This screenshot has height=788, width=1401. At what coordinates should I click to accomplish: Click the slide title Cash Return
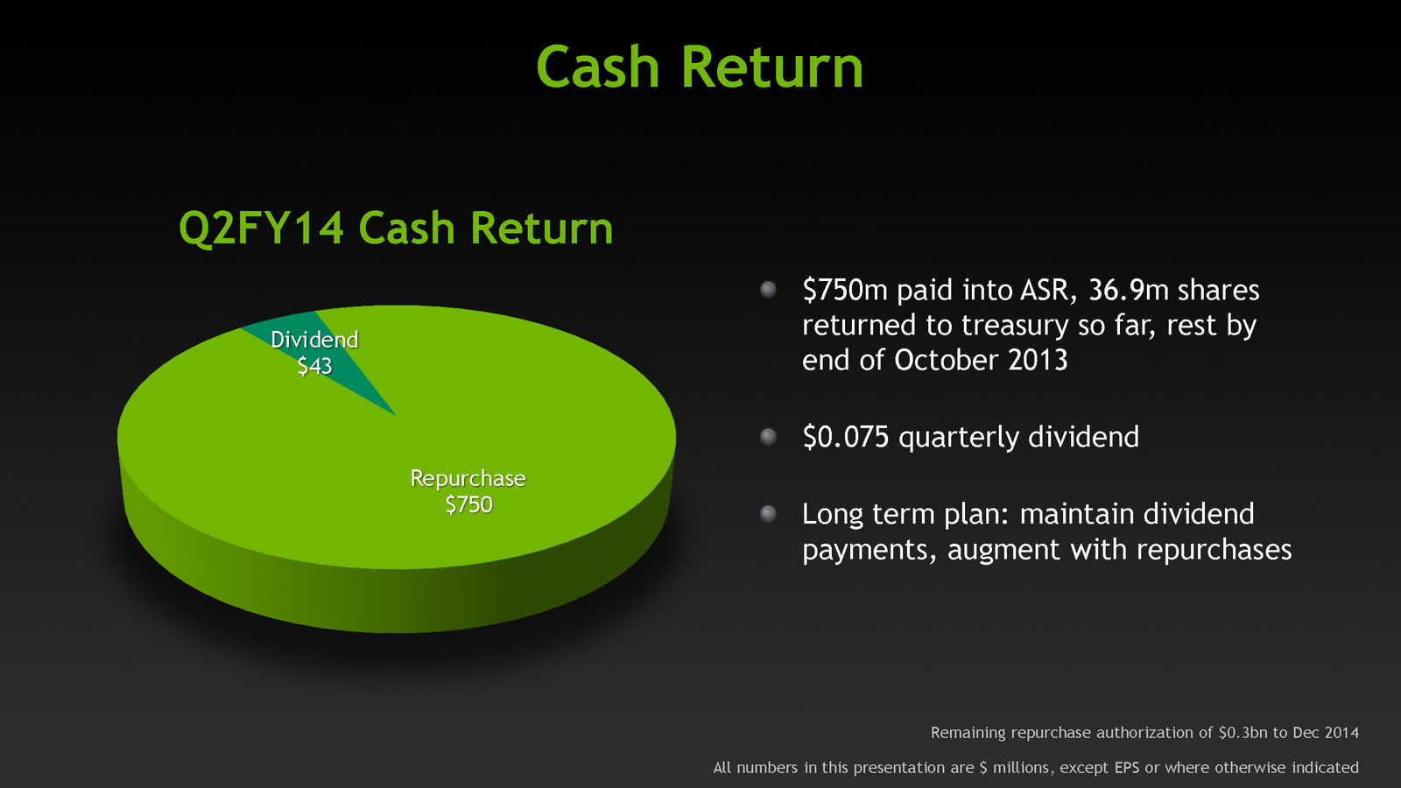[x=700, y=67]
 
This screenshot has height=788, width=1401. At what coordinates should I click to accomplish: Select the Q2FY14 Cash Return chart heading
[x=396, y=227]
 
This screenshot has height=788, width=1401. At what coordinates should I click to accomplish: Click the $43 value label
[x=314, y=366]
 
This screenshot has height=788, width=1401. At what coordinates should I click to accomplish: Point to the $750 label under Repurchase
[x=468, y=504]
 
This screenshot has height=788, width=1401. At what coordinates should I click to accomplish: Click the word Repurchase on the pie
[x=468, y=478]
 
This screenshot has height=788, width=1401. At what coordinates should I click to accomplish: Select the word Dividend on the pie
[x=314, y=340]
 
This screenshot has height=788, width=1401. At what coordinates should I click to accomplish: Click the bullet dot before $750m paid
[x=768, y=290]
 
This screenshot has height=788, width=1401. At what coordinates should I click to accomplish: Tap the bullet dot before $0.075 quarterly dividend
[x=768, y=436]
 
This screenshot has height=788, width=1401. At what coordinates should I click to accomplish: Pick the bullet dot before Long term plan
[x=768, y=513]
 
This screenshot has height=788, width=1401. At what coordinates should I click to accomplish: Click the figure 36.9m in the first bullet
[x=1129, y=290]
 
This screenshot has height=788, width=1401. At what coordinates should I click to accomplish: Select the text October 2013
[x=981, y=360]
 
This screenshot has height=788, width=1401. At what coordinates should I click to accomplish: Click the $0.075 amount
[x=846, y=436]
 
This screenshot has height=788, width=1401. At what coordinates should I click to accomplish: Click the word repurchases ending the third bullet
[x=1214, y=550]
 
